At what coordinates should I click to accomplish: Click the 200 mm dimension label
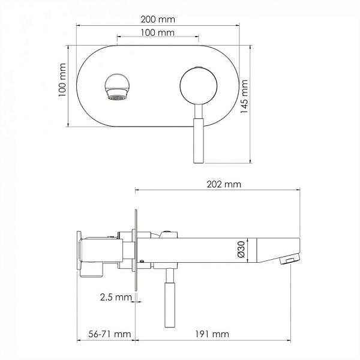[x=158, y=19]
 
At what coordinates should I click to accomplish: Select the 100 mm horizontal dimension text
[x=157, y=32]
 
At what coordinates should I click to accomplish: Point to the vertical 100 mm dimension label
[x=62, y=80]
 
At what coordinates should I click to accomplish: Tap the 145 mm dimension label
[x=244, y=97]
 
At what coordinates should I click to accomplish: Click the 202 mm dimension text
[x=224, y=184]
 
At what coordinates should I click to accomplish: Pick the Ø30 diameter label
[x=242, y=250]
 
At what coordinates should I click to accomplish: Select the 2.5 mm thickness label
[x=116, y=297]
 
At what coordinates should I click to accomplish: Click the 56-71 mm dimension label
[x=110, y=334]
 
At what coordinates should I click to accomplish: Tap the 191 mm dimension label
[x=212, y=334]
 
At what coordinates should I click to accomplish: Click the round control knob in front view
[x=199, y=86]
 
